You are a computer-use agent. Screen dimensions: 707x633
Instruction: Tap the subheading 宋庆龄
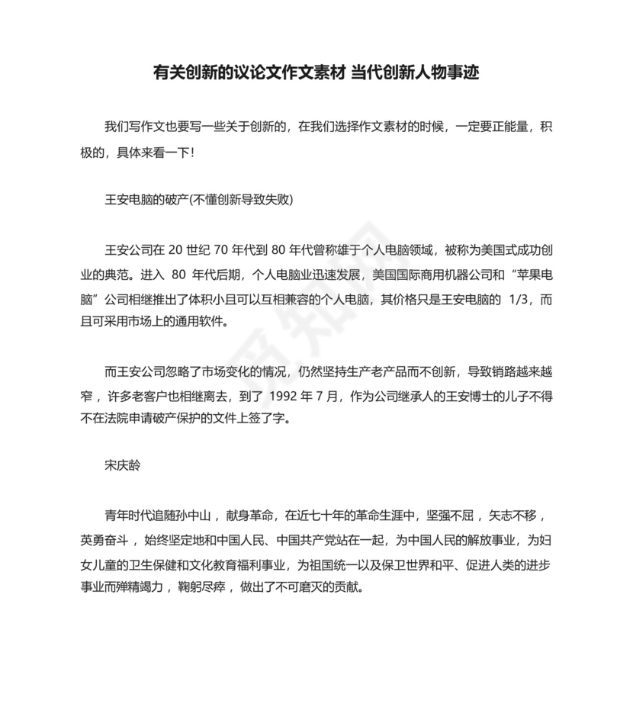121,464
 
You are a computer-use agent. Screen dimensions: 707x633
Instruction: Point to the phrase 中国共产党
307,539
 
